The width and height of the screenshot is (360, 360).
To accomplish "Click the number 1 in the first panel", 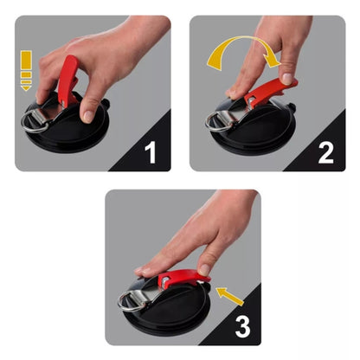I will click(x=150, y=153).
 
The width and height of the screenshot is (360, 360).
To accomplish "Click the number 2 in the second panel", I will click(x=325, y=153).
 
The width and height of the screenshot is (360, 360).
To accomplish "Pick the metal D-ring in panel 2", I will click(x=217, y=121).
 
